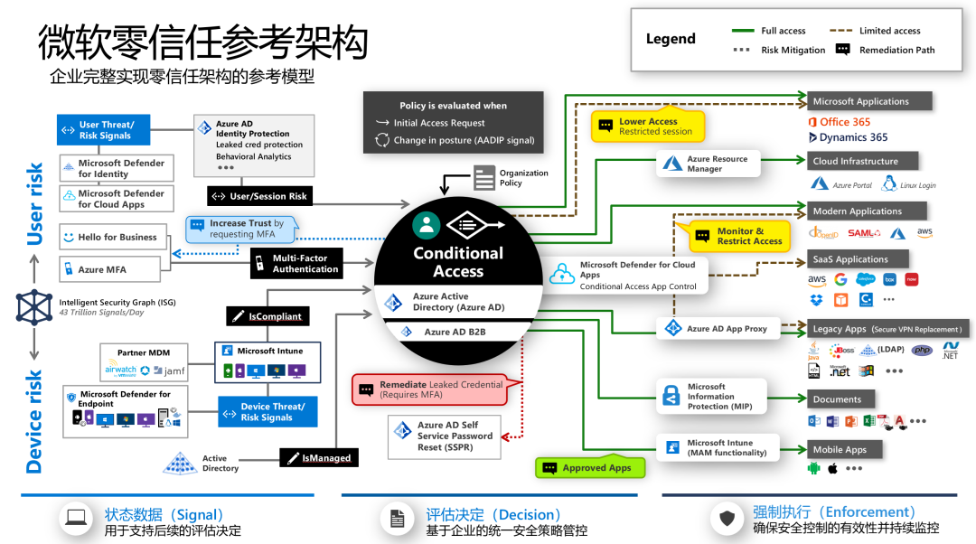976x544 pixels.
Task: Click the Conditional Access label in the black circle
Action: [x=458, y=262]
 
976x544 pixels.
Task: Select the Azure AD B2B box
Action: [x=458, y=332]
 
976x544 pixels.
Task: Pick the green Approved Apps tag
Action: [x=592, y=467]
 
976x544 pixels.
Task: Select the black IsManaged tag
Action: [x=319, y=458]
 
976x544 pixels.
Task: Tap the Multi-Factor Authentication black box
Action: [x=296, y=263]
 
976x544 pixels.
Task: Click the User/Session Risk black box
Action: [x=260, y=196]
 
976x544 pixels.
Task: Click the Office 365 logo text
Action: [x=840, y=122]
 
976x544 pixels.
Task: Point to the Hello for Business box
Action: [x=108, y=238]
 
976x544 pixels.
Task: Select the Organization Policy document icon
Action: [x=485, y=177]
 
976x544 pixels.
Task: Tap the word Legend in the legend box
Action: [x=671, y=39]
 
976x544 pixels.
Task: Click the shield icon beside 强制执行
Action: [x=727, y=519]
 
